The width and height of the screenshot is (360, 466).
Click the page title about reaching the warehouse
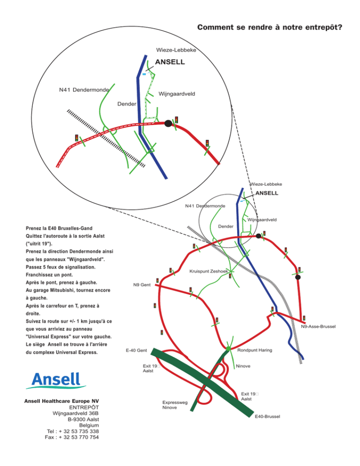point(270,27)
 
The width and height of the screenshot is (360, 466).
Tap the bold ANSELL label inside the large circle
point(170,62)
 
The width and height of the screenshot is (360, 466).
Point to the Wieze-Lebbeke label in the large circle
point(176,50)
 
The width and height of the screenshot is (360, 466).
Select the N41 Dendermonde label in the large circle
point(84,90)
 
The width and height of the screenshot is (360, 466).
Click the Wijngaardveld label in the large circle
point(177,94)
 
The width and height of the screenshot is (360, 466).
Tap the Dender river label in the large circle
point(127,104)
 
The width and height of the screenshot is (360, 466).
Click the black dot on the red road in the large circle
point(168,123)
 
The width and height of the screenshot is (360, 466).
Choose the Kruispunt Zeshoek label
point(209,271)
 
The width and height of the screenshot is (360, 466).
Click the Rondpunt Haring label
point(255,350)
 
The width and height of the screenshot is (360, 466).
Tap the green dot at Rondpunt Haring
point(228,348)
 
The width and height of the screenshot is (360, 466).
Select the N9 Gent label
point(142,285)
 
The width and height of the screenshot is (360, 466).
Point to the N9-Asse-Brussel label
point(318,326)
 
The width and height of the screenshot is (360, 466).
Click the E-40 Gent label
point(136,350)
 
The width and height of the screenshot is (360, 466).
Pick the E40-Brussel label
point(267,416)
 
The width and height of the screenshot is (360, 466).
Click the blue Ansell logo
point(56,380)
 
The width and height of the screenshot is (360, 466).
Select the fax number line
point(72,437)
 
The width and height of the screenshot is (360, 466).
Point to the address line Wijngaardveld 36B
point(75,413)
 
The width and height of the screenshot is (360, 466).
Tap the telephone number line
point(73,431)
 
